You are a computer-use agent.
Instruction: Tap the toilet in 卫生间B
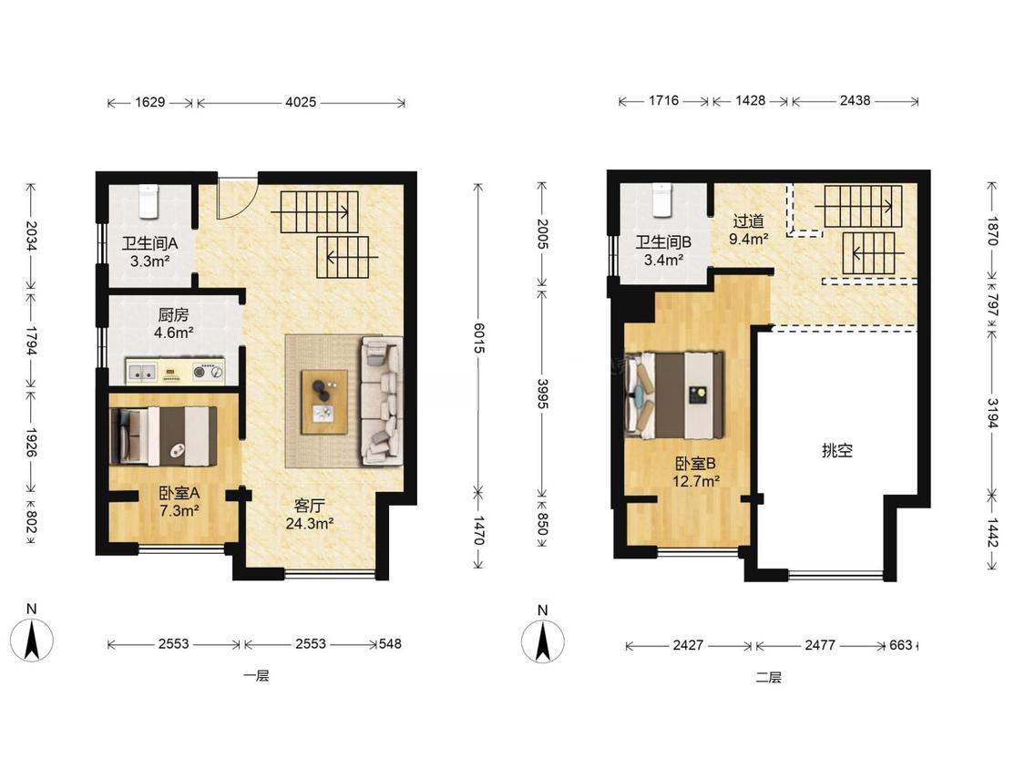click(662, 200)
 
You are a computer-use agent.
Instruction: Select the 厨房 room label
click(173, 315)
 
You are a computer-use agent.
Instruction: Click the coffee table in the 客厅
click(324, 402)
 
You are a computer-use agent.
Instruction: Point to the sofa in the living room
click(382, 401)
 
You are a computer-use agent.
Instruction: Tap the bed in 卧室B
click(674, 395)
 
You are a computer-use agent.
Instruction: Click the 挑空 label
click(836, 450)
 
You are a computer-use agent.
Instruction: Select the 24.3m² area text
click(310, 523)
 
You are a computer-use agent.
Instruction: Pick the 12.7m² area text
click(696, 481)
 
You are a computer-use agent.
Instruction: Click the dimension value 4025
click(301, 102)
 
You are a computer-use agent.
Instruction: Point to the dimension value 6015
click(478, 338)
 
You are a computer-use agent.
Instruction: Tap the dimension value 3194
click(992, 414)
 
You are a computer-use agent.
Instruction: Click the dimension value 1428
click(750, 101)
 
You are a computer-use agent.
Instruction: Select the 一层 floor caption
click(256, 675)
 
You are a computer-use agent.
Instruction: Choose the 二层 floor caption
click(769, 677)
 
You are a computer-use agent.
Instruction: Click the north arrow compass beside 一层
click(31, 639)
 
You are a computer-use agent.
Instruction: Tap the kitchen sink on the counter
click(141, 372)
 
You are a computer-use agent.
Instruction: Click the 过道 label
click(749, 221)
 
